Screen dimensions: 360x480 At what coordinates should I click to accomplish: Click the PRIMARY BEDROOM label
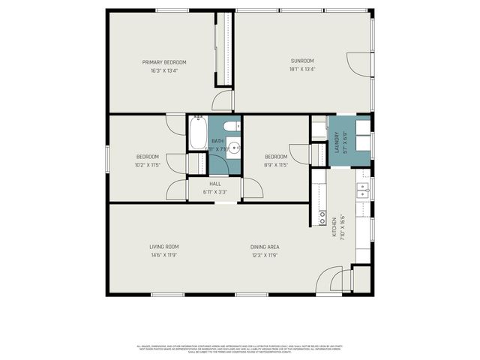164,62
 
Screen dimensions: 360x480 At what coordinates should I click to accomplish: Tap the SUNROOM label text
302,61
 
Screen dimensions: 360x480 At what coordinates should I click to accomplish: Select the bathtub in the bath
196,133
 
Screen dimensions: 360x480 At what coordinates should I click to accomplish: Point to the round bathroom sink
233,148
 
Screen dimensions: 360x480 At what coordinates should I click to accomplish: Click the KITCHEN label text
334,228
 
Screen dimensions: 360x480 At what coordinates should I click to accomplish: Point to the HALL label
215,184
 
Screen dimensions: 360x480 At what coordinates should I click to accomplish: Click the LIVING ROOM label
163,246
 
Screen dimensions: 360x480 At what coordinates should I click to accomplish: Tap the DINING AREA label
265,246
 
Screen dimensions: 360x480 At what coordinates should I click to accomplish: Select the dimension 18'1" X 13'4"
302,70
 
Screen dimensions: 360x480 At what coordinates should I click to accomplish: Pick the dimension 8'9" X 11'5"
276,165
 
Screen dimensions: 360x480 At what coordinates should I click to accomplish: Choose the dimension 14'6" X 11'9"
163,255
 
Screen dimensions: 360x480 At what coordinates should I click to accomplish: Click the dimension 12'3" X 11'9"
265,255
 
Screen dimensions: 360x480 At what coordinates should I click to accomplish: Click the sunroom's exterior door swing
360,64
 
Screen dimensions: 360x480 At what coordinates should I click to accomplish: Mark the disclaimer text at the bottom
240,348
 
